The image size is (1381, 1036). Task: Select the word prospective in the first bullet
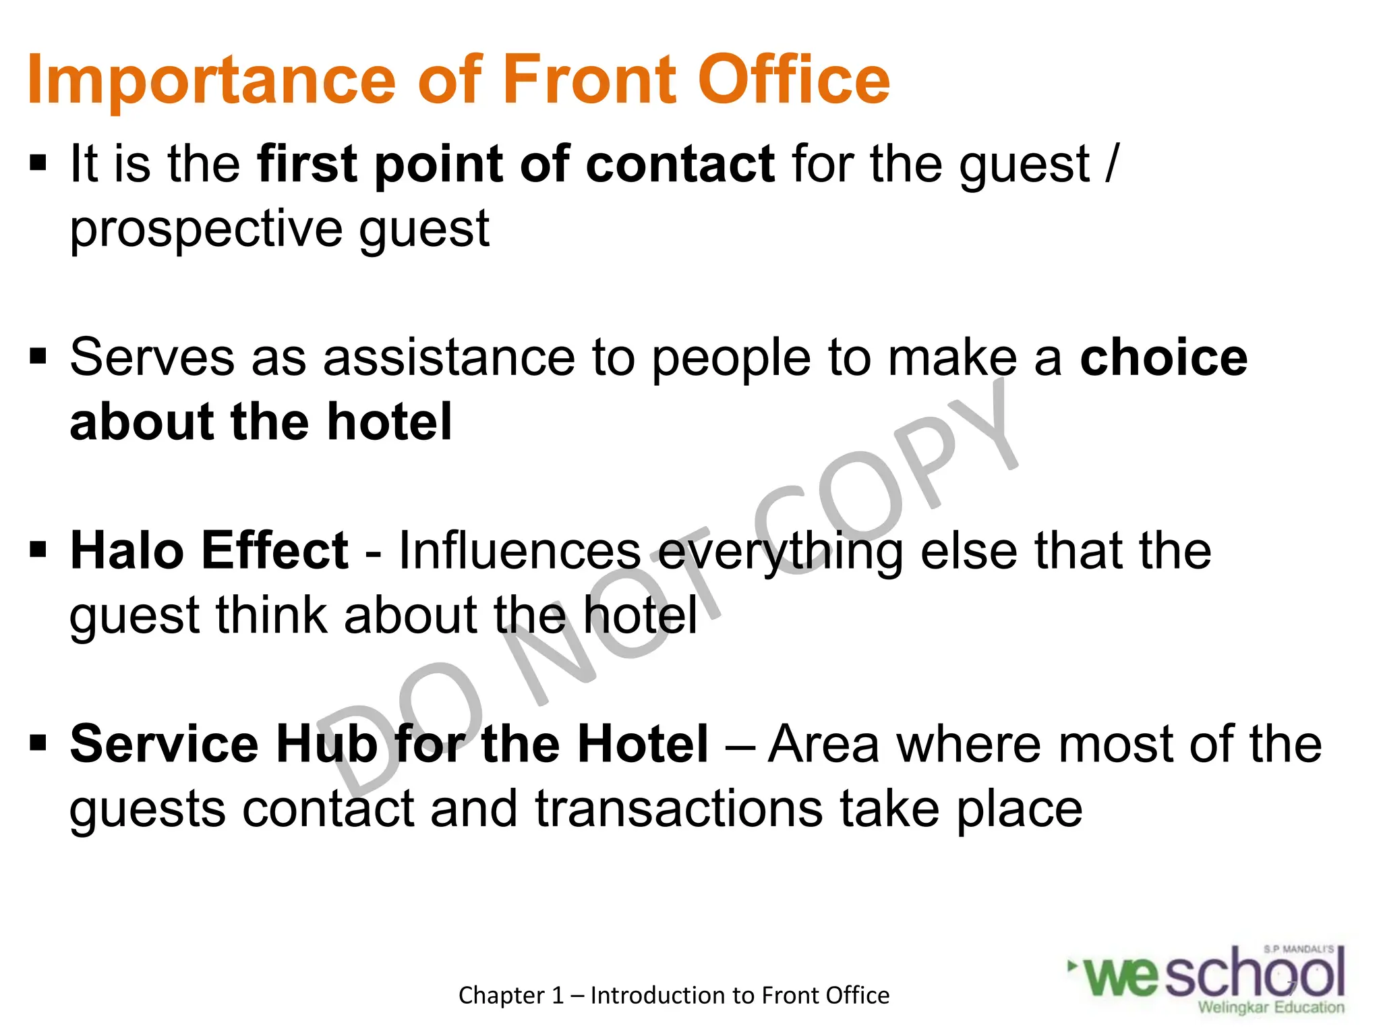coord(206,230)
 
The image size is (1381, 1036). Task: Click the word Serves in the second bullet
coord(152,357)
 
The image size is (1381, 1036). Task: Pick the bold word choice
coord(1163,357)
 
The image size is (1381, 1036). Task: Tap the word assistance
coord(448,357)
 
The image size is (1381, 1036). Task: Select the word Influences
coord(519,550)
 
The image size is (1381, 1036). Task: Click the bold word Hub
coord(326,743)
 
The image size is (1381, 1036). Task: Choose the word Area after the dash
coord(824,743)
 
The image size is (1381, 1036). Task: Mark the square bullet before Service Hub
coord(38,743)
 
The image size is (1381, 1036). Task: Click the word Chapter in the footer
coord(502,996)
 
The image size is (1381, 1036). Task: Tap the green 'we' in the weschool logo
coord(1121,977)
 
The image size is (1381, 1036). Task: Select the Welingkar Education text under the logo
coord(1270,1008)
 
